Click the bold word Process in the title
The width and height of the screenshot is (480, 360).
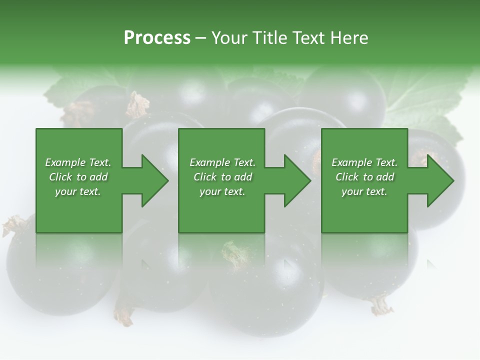(x=157, y=37)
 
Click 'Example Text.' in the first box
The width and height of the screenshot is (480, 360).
(x=78, y=162)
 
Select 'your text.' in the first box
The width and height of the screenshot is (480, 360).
(x=78, y=191)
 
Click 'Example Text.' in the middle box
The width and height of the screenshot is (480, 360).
(x=222, y=162)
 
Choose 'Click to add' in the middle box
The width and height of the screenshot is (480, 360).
(x=222, y=177)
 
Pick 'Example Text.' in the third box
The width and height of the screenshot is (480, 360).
(x=364, y=162)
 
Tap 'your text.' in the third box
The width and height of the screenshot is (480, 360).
(x=364, y=191)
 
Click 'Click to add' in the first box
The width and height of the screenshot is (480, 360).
(x=78, y=177)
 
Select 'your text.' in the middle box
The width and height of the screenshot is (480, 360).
(x=222, y=191)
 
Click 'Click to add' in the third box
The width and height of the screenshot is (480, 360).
(x=364, y=177)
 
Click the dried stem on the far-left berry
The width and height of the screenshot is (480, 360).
(x=14, y=225)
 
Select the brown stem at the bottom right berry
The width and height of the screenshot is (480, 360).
(x=381, y=305)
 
